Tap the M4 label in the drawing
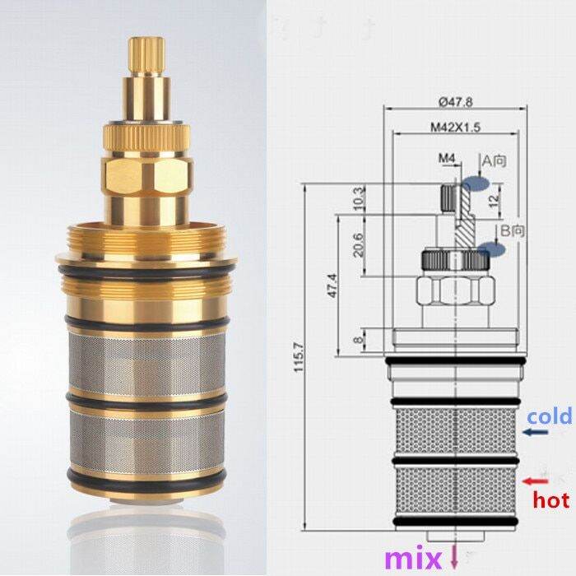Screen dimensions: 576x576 coord(446,157)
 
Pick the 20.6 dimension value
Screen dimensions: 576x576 coord(357,244)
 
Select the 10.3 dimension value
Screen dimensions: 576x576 coord(357,198)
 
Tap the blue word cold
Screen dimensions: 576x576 coord(550,418)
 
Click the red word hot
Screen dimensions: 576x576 coord(550,499)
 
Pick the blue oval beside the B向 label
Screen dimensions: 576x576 coord(490,249)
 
